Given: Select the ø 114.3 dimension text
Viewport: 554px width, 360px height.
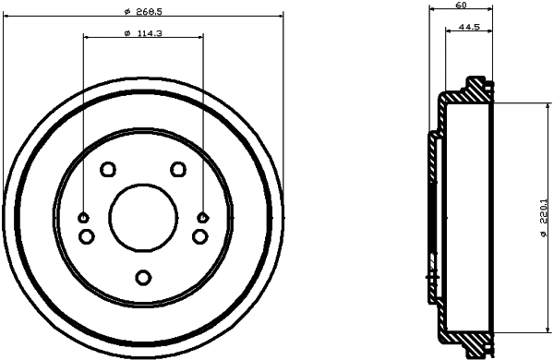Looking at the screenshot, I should pos(142,32).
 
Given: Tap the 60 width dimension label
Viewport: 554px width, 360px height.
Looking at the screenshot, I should pos(460,6).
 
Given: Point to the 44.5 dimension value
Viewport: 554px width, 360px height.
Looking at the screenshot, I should pos(468,28).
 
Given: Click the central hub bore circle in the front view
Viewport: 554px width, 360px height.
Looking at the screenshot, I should pos(142,217).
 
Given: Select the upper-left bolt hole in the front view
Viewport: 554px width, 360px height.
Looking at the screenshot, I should pos(107,169).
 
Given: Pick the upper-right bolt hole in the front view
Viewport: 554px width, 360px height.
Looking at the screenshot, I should pos(178,169).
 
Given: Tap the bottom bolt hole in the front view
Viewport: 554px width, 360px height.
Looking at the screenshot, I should pos(142,277).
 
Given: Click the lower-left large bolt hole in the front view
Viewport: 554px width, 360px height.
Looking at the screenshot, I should pos(86,237).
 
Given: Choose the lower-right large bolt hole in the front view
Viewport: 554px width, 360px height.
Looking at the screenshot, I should pos(199,237).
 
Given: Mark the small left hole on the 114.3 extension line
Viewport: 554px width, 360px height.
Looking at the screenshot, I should pos(83,218).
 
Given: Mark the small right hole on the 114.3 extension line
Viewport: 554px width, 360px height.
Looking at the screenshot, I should pos(203,218).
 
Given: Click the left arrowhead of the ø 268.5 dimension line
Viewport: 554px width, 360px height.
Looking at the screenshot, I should pos(7,15).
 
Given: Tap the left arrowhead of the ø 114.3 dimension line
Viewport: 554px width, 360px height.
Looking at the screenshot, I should pos(87,38).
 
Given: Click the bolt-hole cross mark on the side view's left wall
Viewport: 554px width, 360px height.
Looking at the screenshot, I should pos(431,277).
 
